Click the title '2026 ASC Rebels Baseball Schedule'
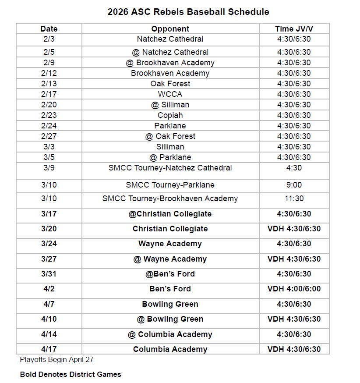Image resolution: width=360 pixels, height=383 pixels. pyautogui.click(x=188, y=12)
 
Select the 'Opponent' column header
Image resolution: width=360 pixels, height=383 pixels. pyautogui.click(x=170, y=29)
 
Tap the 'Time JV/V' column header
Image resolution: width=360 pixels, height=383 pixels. pyautogui.click(x=294, y=29)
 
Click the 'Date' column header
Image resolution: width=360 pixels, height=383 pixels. pyautogui.click(x=49, y=29)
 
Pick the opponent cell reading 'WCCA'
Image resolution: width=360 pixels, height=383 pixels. pyautogui.click(x=170, y=94)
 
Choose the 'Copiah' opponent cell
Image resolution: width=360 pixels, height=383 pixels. pyautogui.click(x=170, y=115)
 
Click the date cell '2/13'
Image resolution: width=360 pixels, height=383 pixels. pyautogui.click(x=49, y=84)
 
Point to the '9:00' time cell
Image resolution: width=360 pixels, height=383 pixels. pyautogui.click(x=294, y=185)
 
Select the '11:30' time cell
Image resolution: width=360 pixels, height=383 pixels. pyautogui.click(x=294, y=199)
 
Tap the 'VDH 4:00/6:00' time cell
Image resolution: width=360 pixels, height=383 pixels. pyautogui.click(x=294, y=289)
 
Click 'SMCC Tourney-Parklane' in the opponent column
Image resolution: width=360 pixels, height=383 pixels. pyautogui.click(x=170, y=185)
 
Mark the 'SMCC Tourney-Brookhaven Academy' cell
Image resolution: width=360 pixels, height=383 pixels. pyautogui.click(x=170, y=199)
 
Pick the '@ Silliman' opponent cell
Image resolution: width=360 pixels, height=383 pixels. pyautogui.click(x=170, y=105)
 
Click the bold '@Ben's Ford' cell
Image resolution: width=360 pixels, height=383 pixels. pyautogui.click(x=170, y=274)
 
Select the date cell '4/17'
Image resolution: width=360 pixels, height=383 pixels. pyautogui.click(x=49, y=349)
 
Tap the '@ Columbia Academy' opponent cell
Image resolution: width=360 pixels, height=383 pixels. pyautogui.click(x=170, y=334)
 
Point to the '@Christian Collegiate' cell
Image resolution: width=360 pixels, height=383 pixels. pyautogui.click(x=170, y=214)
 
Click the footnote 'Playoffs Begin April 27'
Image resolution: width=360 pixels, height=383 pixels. pyautogui.click(x=56, y=360)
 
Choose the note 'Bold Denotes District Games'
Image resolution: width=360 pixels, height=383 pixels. pyautogui.click(x=71, y=374)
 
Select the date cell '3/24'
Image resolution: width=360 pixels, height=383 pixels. pyautogui.click(x=49, y=244)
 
